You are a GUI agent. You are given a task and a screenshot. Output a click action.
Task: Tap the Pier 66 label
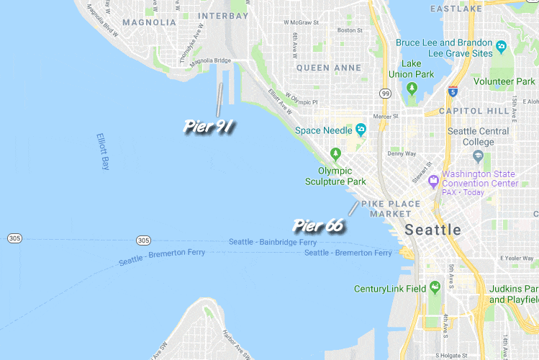click(318, 225)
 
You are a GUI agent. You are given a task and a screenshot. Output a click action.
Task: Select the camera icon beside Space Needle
click(361, 130)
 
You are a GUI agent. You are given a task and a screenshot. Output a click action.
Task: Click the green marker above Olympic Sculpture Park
click(335, 153)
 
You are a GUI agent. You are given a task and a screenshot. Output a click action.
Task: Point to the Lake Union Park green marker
click(412, 89)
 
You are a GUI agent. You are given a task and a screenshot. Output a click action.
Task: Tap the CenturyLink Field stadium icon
click(435, 288)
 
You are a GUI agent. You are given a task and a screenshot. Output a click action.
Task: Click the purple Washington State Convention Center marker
click(433, 179)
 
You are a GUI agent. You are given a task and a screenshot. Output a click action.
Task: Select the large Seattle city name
click(432, 230)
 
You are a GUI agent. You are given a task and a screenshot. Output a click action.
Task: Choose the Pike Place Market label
click(391, 208)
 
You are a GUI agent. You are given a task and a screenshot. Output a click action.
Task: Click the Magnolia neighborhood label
click(149, 22)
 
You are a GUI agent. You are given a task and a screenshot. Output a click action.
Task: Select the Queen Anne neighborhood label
click(328, 68)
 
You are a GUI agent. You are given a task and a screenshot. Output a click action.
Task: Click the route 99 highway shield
click(386, 94)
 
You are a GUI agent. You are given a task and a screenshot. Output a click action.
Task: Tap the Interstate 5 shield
click(452, 91)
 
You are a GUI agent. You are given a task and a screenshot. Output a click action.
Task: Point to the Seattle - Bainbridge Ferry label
click(273, 242)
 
